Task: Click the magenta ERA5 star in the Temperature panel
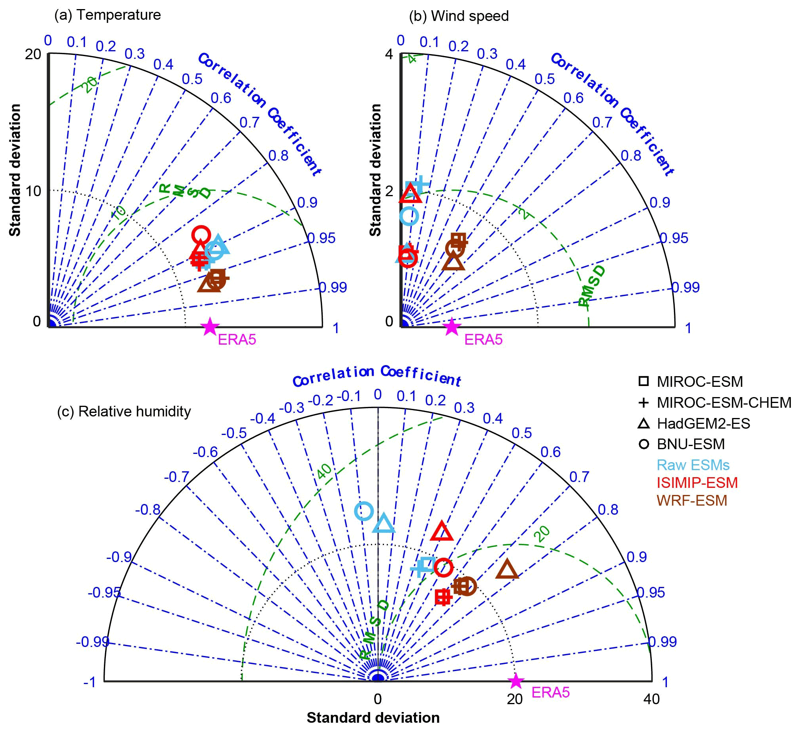coord(210,326)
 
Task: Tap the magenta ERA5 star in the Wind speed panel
coord(452,327)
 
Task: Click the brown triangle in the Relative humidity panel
coord(507,570)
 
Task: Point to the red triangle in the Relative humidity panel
coord(441,532)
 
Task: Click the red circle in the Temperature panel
coord(201,234)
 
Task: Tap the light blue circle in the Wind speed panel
coord(409,216)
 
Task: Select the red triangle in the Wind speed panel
coord(410,193)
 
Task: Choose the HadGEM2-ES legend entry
coord(703,424)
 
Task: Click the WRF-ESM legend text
coord(692,501)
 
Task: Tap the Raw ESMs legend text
coord(693,465)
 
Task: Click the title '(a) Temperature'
coord(108,15)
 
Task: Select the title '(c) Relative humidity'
coord(124,411)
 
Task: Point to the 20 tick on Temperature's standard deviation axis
coord(33,54)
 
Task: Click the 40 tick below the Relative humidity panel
coord(651,699)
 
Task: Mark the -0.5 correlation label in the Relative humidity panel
coord(233,433)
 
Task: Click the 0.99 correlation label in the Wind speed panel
coord(685,287)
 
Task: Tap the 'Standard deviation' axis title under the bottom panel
coord(373,718)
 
